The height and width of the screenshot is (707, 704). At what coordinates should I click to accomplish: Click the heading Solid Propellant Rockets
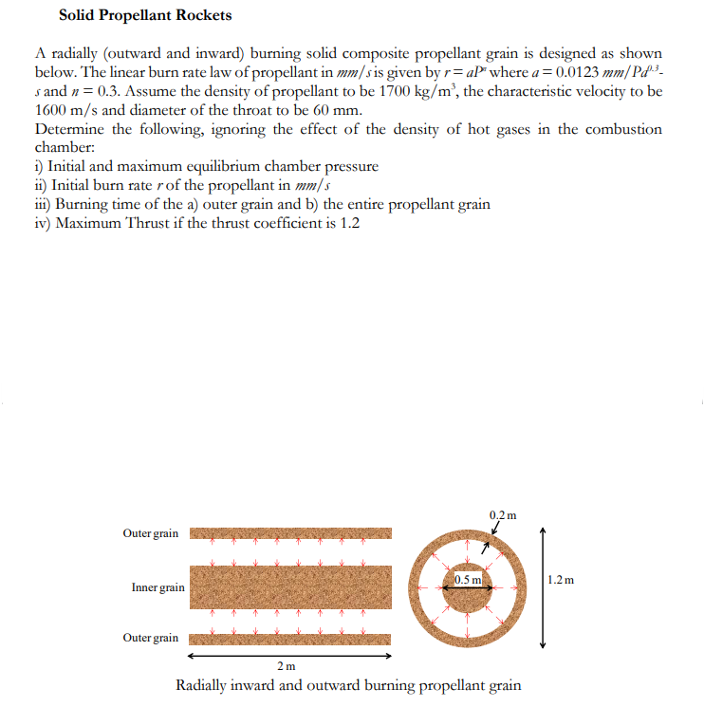(x=144, y=15)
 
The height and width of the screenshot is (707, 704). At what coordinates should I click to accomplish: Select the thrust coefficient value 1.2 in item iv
(x=349, y=223)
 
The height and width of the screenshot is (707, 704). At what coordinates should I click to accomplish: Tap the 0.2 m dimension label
(x=503, y=515)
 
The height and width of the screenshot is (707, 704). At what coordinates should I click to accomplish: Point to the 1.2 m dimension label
(x=562, y=579)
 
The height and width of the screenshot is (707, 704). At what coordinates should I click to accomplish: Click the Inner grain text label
(x=157, y=588)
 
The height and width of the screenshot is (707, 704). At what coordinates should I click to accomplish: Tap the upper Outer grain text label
(x=150, y=533)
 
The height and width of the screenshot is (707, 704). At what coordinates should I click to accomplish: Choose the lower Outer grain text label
(x=150, y=637)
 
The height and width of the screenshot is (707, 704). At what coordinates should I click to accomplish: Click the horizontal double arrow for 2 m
(x=289, y=654)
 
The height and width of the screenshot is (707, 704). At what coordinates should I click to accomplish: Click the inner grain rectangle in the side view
(x=290, y=587)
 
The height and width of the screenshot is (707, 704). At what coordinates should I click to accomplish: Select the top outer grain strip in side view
(x=290, y=534)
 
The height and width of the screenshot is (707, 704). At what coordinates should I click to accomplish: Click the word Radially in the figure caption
(x=205, y=685)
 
